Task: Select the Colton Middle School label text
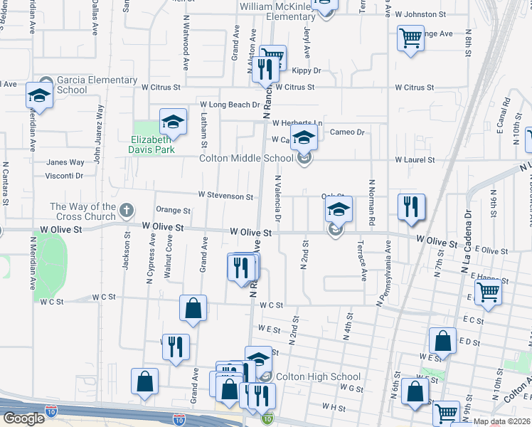coord(246,159)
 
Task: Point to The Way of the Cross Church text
coord(83,211)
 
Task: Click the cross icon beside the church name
coord(127,211)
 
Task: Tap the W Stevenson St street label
coord(225,196)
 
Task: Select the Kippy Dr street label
coord(307,71)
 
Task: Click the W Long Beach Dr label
coord(229,105)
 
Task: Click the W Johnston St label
coord(420,14)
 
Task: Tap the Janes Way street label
coord(65,162)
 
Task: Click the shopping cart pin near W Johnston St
coord(410,38)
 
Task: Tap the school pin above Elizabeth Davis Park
coord(173,122)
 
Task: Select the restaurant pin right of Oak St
coord(411,207)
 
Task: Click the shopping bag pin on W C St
coord(193,308)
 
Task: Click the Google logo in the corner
coord(23,418)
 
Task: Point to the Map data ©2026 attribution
coord(501,421)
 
